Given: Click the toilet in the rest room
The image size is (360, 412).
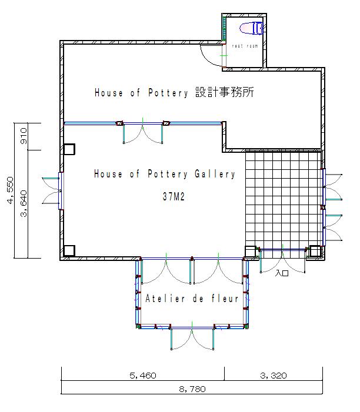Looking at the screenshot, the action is pos(251,28).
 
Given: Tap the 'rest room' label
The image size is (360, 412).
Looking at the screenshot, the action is pos(245,46).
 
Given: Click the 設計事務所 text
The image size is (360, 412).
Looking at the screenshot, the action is pos(225,92).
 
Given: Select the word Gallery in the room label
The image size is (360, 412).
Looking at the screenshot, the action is pos(215,174).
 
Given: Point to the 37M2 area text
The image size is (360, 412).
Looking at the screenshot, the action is pos(174,196).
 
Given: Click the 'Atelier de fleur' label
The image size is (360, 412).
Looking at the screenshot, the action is pos(192,299).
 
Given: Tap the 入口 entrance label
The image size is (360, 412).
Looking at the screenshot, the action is pos(282,273).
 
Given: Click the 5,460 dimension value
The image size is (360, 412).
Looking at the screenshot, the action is pos(143,375).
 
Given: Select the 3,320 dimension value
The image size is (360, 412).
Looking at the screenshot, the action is pos(273,375).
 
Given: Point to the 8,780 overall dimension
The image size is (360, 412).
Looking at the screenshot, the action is pos(192,389).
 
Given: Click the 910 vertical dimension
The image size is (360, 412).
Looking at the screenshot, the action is pos(24,136).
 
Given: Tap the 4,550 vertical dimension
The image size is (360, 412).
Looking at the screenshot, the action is pos(10,190).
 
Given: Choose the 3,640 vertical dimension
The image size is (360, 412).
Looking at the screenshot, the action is pos(24,203).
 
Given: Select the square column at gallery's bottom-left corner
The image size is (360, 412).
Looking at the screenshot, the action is pos(69,251).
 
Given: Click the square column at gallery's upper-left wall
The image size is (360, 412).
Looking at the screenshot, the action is pos(69,149).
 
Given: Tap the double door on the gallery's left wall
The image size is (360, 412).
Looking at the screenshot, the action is pos(52,190).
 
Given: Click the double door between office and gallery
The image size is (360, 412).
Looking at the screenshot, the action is pos(143,133).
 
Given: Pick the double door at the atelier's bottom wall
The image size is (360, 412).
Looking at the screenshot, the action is pos(192,339).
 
